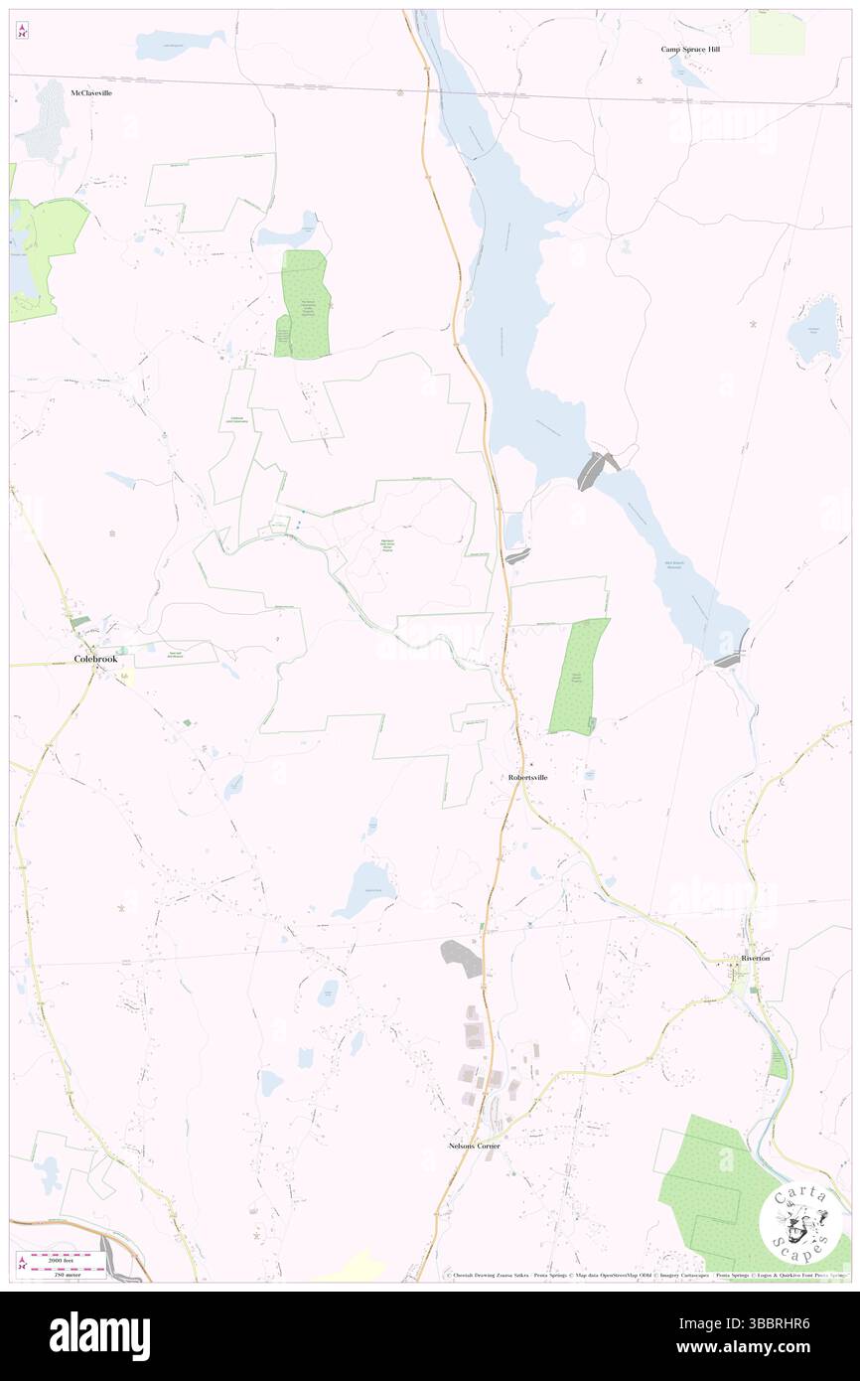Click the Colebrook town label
point(95,658)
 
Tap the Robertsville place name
point(527,777)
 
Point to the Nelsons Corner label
point(474,1146)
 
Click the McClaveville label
point(91,92)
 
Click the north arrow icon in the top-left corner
point(22,32)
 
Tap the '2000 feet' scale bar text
point(66,1258)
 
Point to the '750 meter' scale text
point(66,1272)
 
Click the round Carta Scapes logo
point(799,1218)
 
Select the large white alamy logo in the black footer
point(99,1336)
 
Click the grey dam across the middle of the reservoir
point(596,469)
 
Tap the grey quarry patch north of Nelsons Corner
point(461,956)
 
